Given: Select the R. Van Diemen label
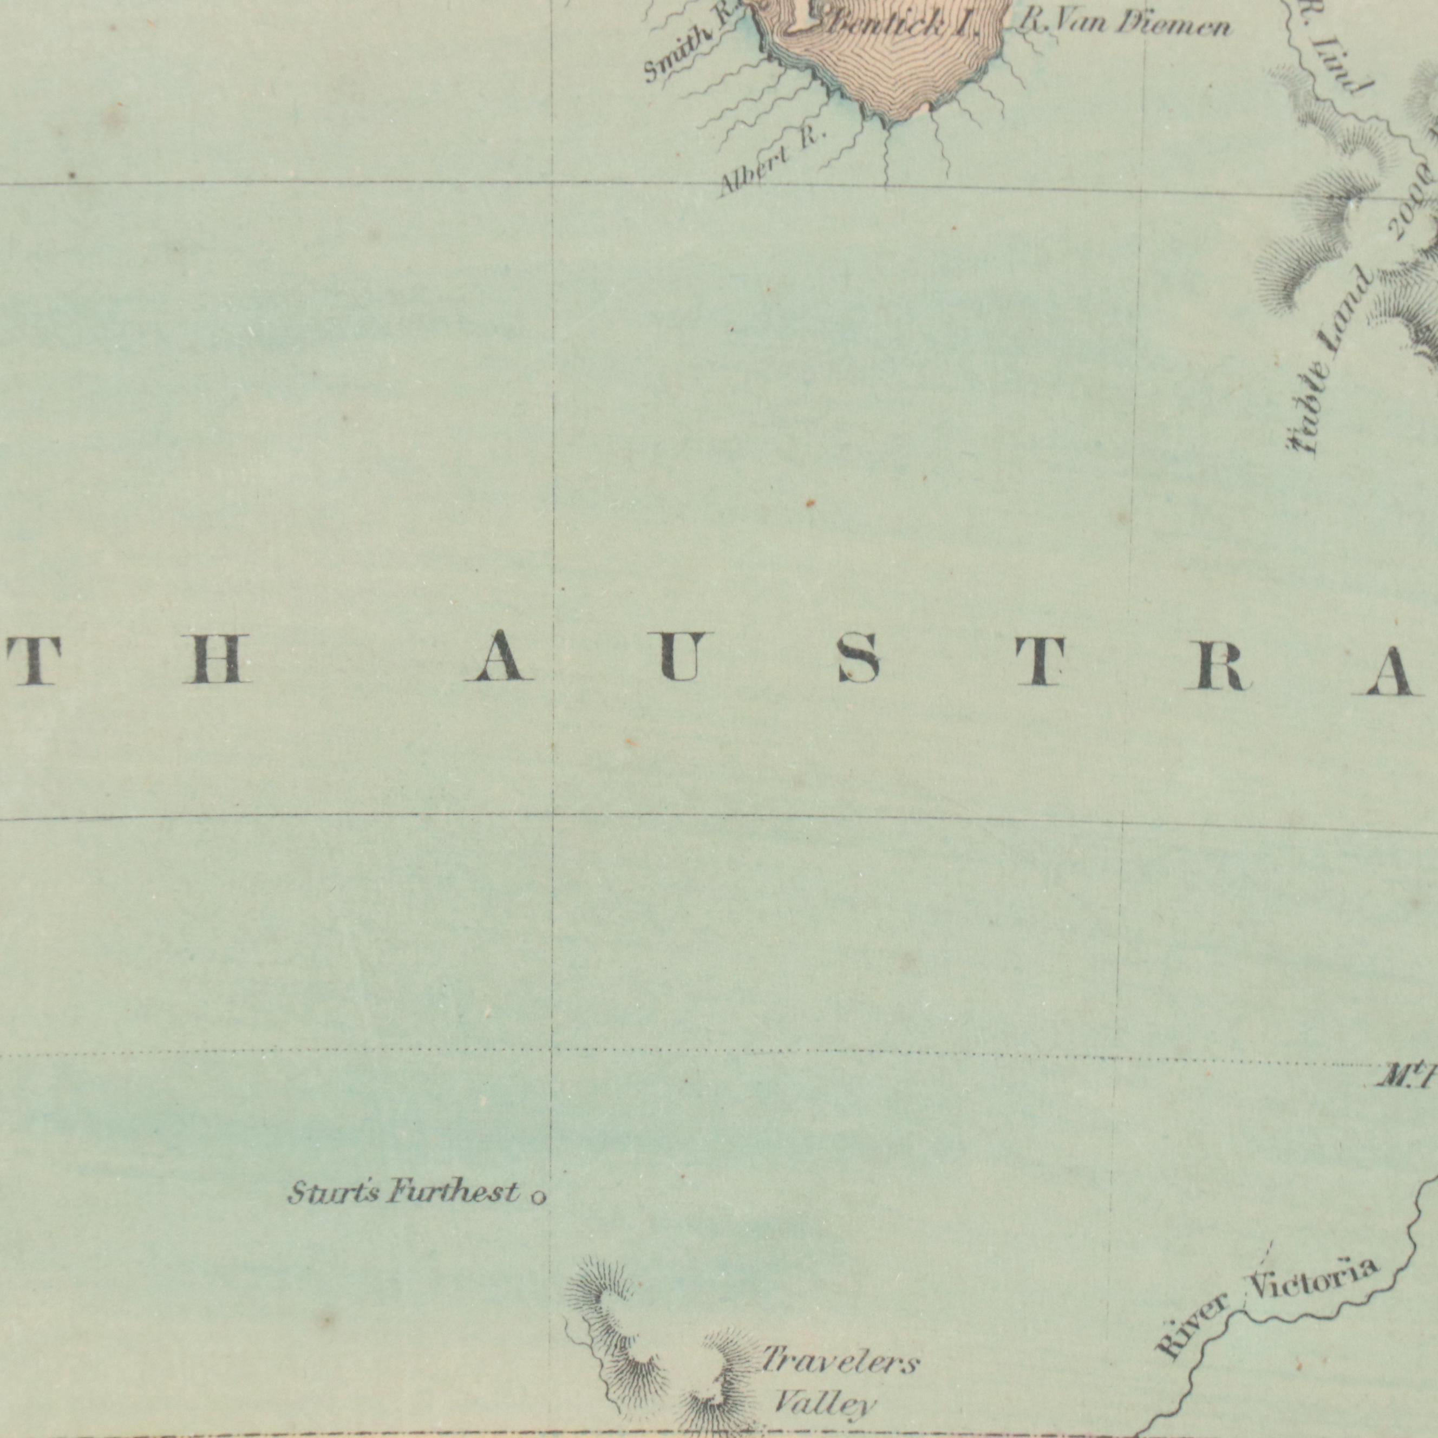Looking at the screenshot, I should (1123, 27).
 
